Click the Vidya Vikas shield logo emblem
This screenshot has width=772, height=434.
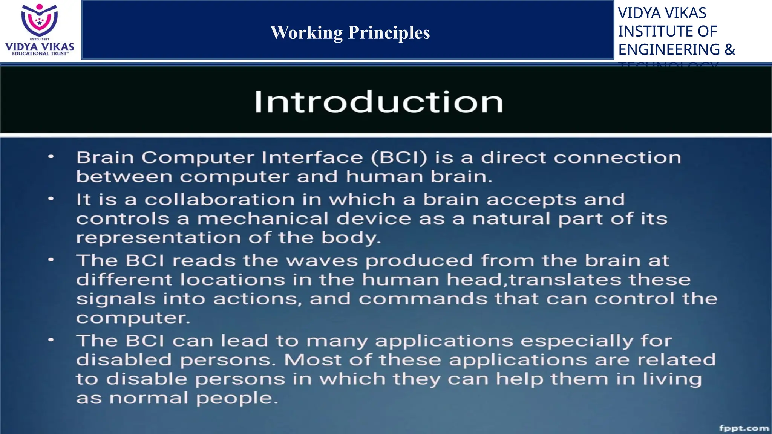tap(39, 20)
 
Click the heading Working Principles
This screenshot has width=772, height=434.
tap(350, 32)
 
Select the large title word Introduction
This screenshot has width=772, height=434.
tap(378, 102)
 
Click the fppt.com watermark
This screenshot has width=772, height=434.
tap(744, 428)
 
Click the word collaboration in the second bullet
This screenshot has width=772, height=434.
tap(219, 200)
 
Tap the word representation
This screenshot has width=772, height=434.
tap(158, 238)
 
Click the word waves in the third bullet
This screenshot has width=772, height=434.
tap(322, 261)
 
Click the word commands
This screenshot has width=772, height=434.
tap(423, 299)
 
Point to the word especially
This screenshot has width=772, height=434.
tap(577, 341)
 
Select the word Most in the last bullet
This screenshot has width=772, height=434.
tap(312, 360)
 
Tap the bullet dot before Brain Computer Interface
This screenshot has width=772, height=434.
tap(51, 157)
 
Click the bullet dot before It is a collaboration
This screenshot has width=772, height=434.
tap(51, 199)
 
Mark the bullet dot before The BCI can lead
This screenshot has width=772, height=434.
tap(51, 340)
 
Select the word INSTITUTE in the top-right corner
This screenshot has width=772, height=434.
tap(656, 31)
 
